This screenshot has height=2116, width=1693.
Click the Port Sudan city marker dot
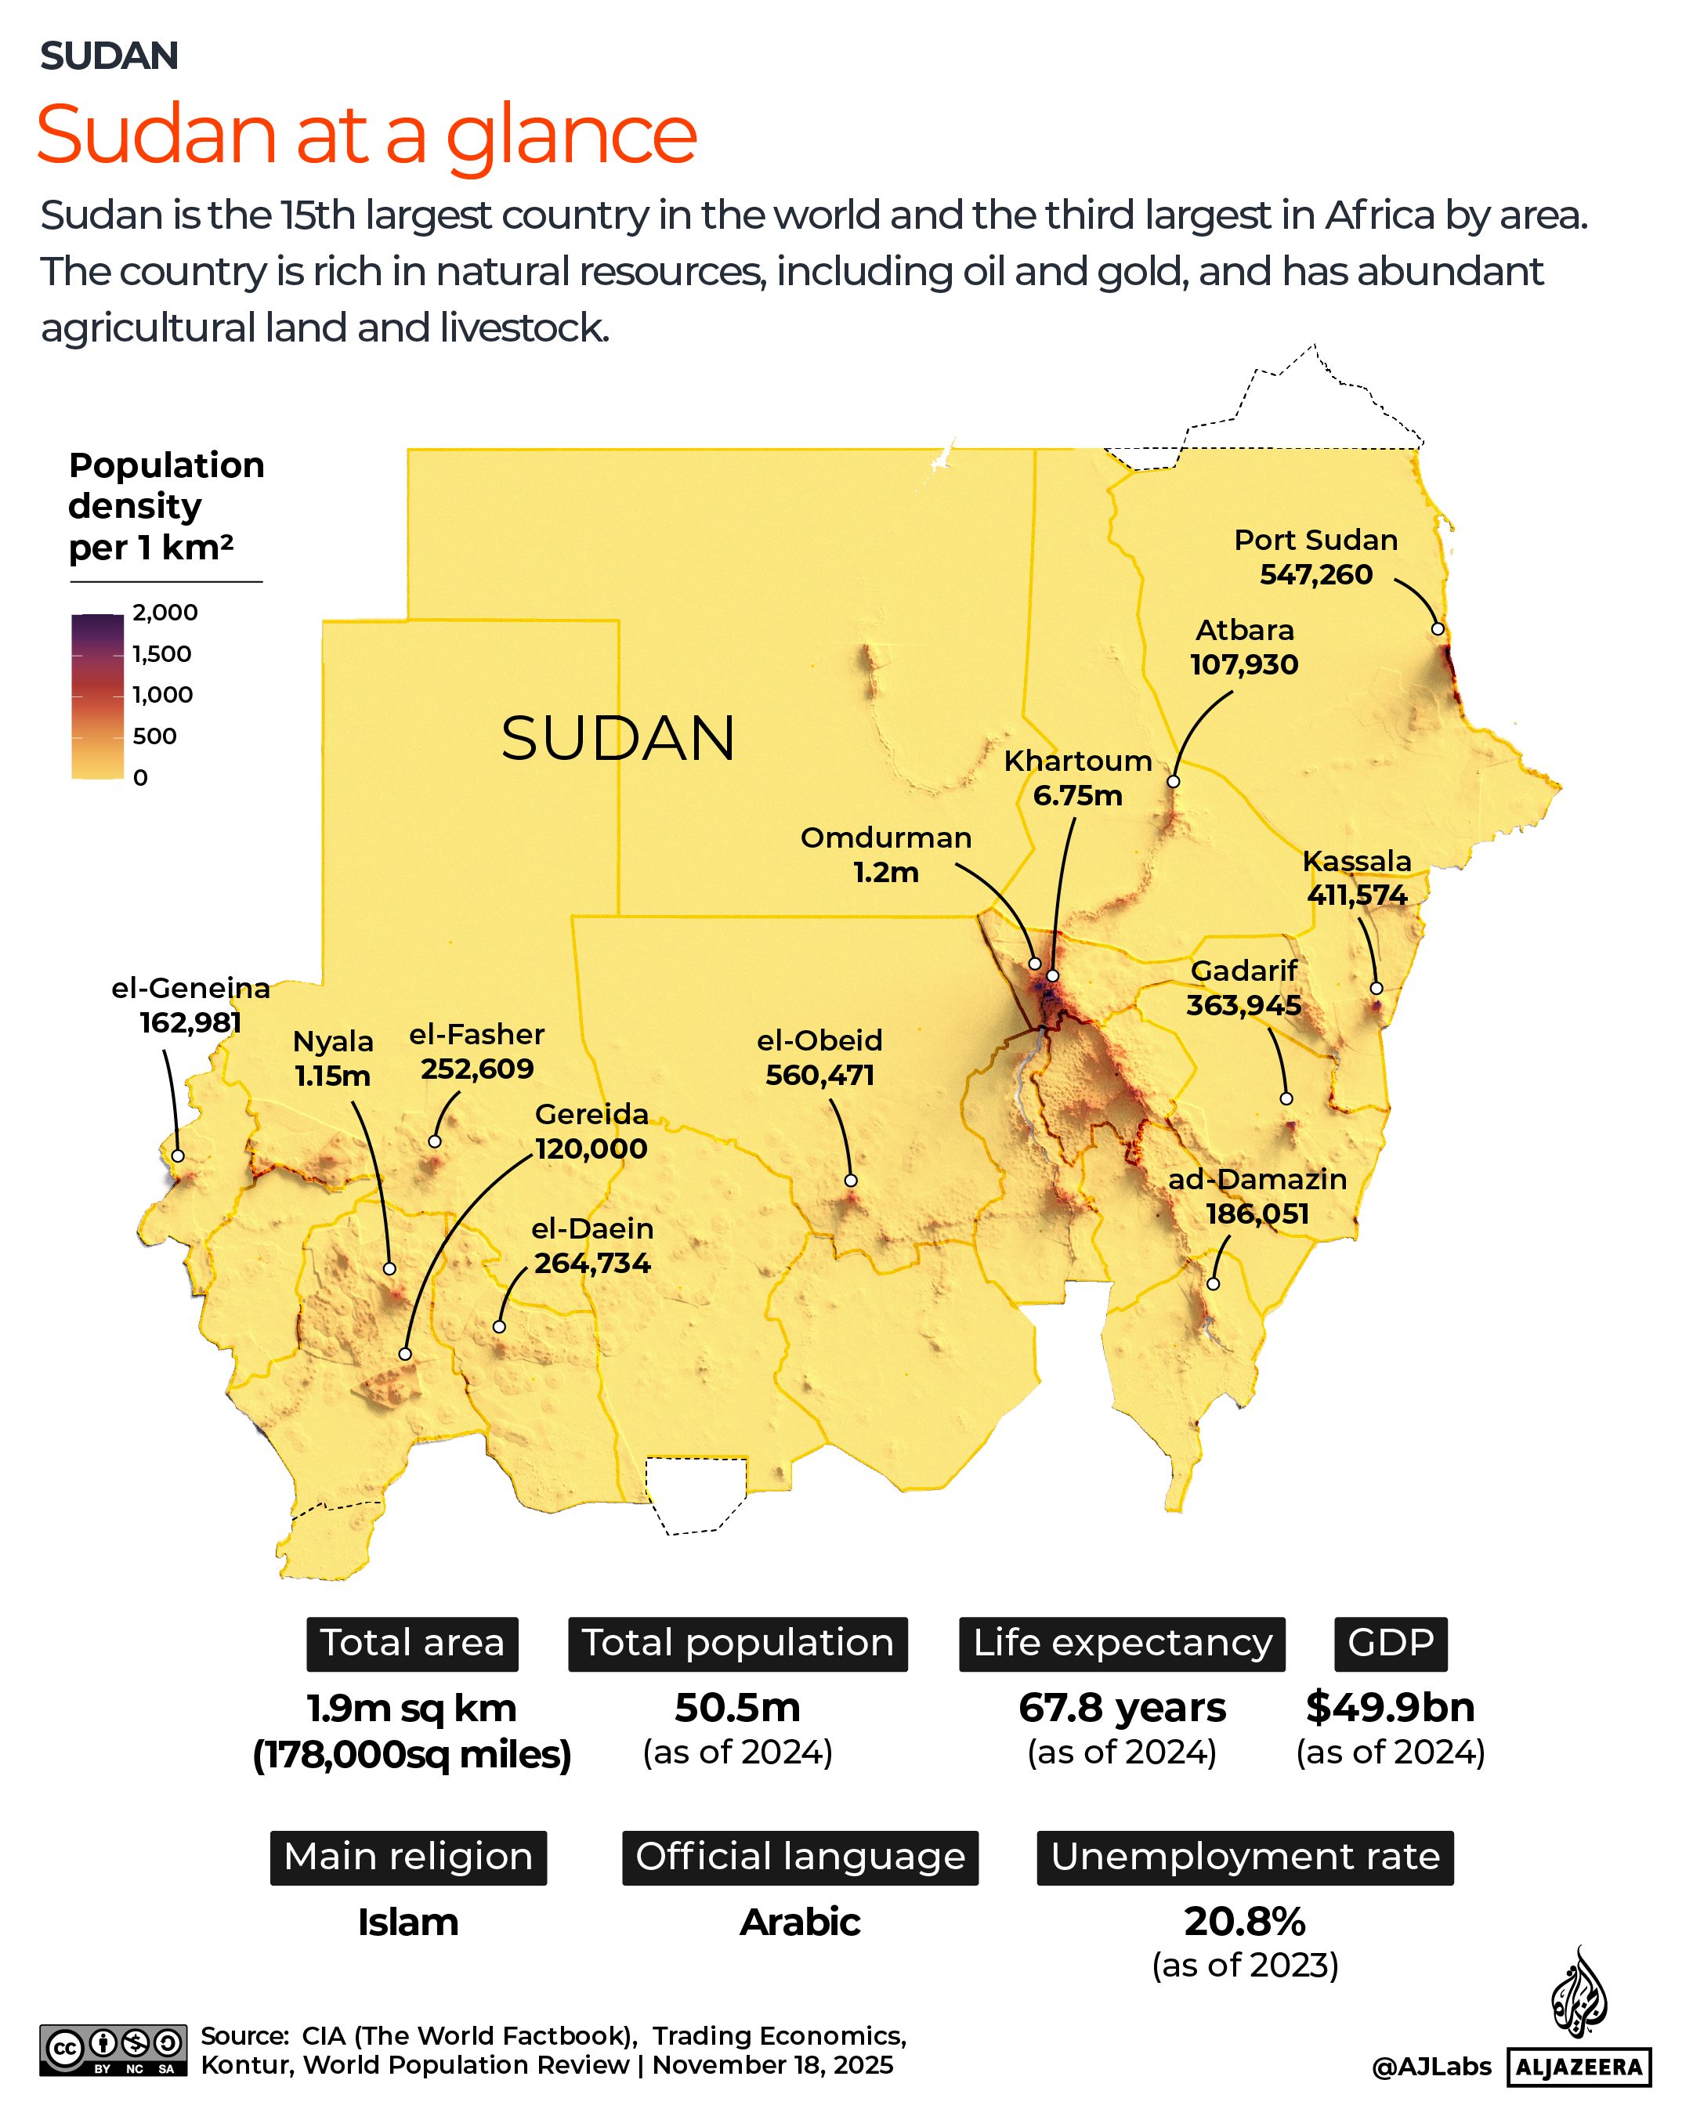point(1438,629)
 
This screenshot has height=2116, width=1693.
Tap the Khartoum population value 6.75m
point(1078,795)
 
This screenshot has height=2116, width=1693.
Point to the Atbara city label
point(1244,630)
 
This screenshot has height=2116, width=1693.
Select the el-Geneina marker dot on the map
point(178,1156)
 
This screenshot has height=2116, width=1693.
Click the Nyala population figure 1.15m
point(333,1076)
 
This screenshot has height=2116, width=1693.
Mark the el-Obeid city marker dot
point(851,1181)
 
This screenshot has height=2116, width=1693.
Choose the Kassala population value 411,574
point(1358,895)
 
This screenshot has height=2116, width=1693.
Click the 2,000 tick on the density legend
point(165,613)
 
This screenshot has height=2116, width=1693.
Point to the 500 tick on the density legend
point(154,736)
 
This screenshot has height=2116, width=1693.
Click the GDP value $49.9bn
point(1390,1708)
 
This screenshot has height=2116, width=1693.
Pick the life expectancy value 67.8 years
point(1122,1708)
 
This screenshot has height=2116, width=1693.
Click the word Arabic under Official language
point(800,1922)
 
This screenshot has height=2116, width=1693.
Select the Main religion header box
point(408,1857)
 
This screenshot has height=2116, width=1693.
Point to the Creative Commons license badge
point(113,2049)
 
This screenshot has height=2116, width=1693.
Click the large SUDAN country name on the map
point(617,738)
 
